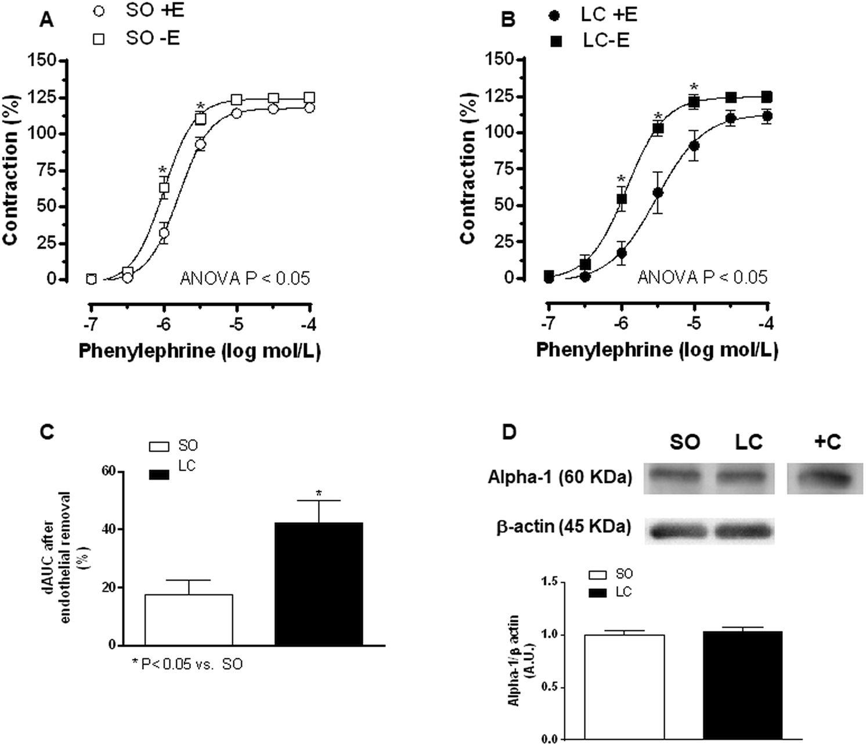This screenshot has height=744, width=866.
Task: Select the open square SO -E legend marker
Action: point(99,38)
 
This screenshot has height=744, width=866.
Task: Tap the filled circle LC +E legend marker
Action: point(554,16)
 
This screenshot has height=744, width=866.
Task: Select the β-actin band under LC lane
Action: point(745,530)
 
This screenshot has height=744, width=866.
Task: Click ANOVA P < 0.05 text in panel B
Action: point(702,277)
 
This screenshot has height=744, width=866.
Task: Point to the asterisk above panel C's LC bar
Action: point(319,494)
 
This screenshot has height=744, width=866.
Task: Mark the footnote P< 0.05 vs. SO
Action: point(187,664)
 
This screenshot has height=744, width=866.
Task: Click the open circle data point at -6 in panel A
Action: point(164,233)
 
